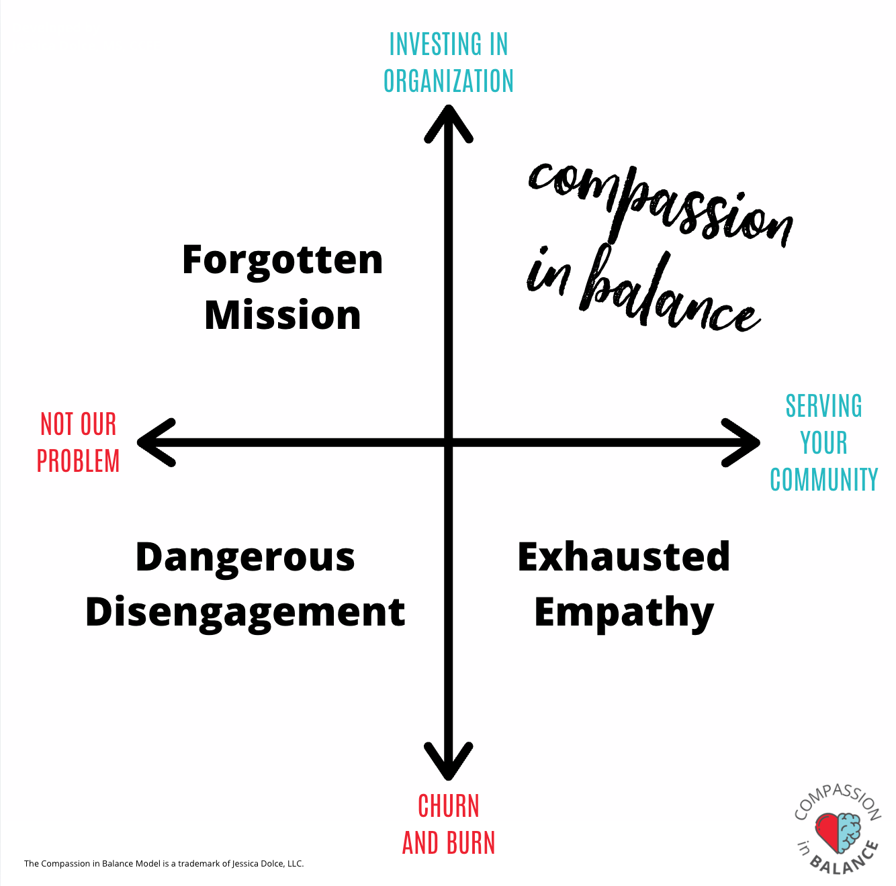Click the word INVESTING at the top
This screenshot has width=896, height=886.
coord(430,44)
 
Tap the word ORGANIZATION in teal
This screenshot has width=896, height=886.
coord(448,81)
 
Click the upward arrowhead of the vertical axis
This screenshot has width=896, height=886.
coord(448,121)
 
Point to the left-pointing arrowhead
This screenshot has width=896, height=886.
coord(155,442)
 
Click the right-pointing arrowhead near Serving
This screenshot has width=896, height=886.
coord(741,442)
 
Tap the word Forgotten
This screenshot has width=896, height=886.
coord(282,261)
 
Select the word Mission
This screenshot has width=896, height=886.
coord(283,315)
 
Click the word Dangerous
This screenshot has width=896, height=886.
coord(245,558)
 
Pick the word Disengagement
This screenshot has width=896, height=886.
coord(245,613)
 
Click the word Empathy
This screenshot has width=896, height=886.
coord(623,613)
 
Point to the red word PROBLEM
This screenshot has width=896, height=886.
coord(78,461)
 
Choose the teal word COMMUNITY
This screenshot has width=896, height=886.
coord(824,479)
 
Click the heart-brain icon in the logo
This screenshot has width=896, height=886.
coord(838,833)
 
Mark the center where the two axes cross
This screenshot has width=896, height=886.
coord(448,442)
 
